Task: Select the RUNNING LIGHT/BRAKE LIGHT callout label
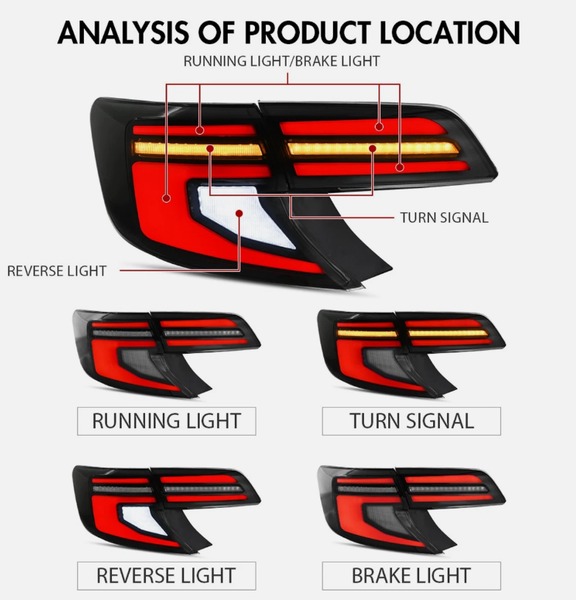[281, 61]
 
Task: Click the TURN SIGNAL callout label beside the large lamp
[444, 217]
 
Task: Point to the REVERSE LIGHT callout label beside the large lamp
[57, 271]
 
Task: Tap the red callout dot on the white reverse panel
[239, 213]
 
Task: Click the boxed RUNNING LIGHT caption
[166, 421]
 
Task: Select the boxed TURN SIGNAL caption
[411, 421]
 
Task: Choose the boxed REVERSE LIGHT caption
[166, 576]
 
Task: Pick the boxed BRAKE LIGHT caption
[411, 576]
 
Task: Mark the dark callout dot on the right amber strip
[373, 148]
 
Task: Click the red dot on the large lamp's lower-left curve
[166, 198]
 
